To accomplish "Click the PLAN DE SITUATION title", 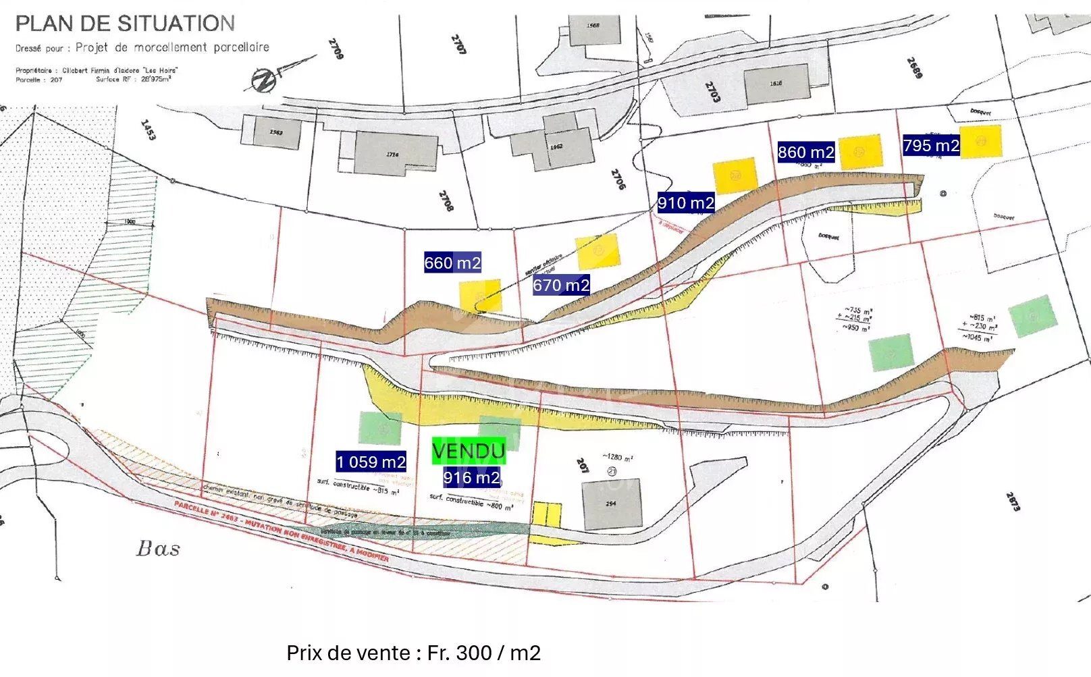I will (x=125, y=24).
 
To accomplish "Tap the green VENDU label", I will (x=469, y=451).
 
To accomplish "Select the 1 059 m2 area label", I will (x=371, y=462).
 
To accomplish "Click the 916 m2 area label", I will (x=471, y=478).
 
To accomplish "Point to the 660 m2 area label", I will (x=452, y=263).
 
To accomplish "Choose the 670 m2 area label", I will (x=561, y=286).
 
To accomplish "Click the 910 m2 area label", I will (x=686, y=202).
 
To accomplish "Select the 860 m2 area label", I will (x=805, y=152).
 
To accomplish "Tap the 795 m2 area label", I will (x=931, y=145).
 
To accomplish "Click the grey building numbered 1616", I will (x=776, y=84).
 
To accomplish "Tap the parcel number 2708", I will (x=446, y=200).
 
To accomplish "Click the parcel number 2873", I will (x=1013, y=501).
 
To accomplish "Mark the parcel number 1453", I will (x=148, y=130).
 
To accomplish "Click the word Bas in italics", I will (x=159, y=549).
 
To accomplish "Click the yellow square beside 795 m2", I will (x=980, y=141).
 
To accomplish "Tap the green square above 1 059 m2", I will (x=381, y=428).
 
